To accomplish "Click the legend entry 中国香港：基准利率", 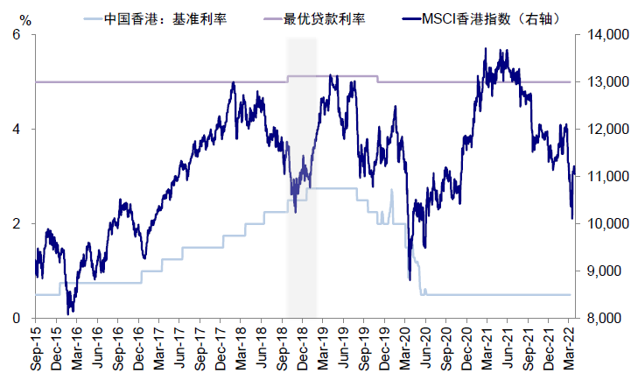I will pyautogui.click(x=165, y=18).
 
